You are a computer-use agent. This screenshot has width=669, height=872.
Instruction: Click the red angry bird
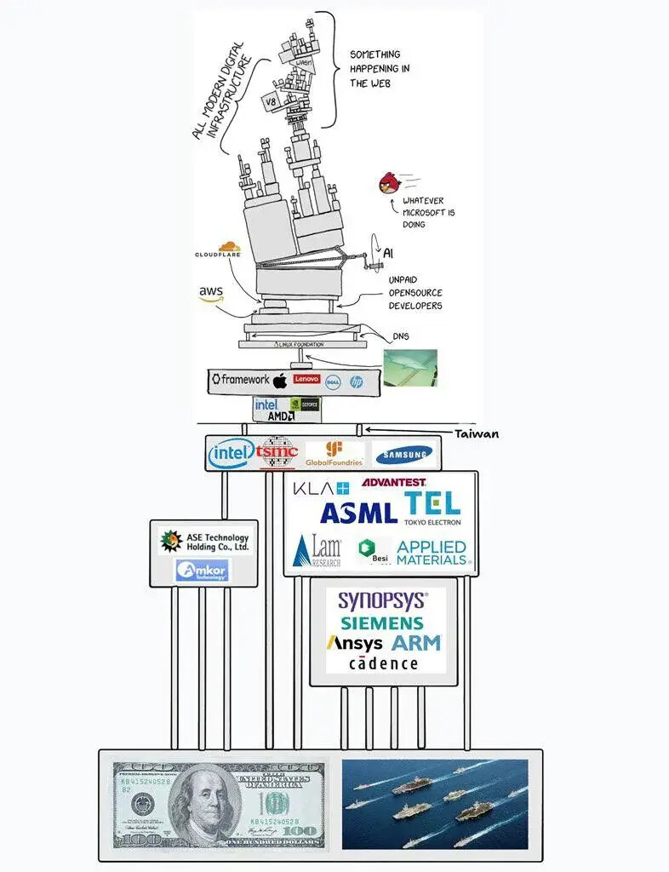tap(388, 183)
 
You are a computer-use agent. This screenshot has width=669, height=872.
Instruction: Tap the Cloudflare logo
tap(218, 250)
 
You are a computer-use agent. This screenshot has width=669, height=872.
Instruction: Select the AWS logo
tap(210, 294)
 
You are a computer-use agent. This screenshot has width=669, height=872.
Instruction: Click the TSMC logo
tap(277, 453)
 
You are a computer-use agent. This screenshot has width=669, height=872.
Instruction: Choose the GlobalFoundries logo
tap(334, 453)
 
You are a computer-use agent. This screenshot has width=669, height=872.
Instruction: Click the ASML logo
tap(358, 513)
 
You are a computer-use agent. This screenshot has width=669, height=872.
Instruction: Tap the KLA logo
tap(321, 489)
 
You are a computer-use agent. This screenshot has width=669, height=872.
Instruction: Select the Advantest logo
tap(394, 483)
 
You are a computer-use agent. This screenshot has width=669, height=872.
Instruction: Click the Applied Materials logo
tap(432, 553)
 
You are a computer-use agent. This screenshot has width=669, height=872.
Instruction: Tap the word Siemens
tap(382, 622)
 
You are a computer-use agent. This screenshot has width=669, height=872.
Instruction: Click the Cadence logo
tap(383, 663)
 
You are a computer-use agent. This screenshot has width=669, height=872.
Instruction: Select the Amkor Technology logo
tap(203, 571)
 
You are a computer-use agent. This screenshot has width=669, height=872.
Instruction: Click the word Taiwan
tap(477, 433)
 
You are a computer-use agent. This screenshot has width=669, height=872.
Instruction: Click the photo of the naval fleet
tap(435, 804)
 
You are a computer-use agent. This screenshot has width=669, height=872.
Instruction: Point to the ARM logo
tap(416, 643)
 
